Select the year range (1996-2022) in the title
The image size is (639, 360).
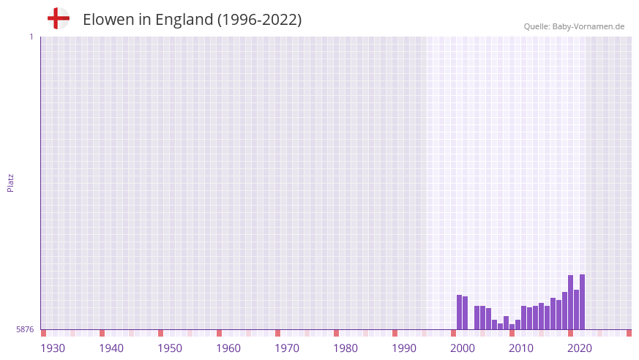[259, 20]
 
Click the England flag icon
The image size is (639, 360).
[59, 18]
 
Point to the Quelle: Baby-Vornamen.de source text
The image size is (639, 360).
[574, 26]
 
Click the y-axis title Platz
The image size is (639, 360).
[10, 182]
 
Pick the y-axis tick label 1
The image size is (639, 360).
[31, 37]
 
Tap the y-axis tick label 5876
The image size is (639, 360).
[25, 330]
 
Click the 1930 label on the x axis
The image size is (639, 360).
[53, 348]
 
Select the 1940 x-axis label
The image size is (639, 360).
[111, 348]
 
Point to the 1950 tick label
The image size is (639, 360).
[170, 348]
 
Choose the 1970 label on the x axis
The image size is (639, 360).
[287, 348]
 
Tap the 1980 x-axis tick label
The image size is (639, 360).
[345, 348]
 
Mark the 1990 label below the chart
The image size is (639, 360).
[404, 348]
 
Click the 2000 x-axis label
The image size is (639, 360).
[463, 348]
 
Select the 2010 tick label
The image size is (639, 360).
[521, 348]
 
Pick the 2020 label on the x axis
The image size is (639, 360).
[580, 348]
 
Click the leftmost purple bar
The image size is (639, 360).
[459, 312]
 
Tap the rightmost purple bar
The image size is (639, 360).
[582, 302]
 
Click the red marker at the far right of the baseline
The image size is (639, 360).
[629, 333]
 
